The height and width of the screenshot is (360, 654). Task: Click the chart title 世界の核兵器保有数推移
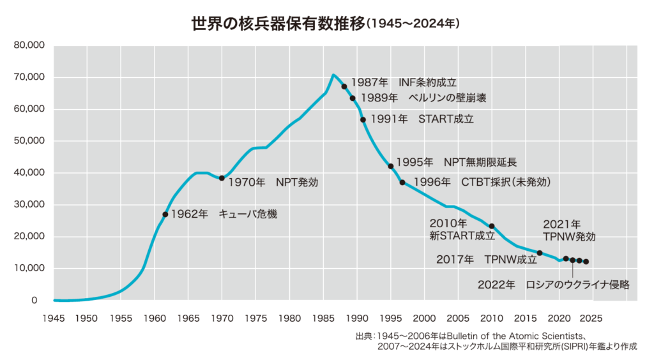pos(278,24)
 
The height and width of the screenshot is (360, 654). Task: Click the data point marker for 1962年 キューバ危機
pos(165,214)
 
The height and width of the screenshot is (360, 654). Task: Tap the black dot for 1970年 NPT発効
pos(222,178)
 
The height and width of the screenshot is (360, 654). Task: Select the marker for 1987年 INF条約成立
pos(344,86)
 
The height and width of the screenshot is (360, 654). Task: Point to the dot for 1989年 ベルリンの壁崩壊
pos(353,98)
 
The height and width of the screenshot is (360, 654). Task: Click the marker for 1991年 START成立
pos(363,119)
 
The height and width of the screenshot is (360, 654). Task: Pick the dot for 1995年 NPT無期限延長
pos(391,166)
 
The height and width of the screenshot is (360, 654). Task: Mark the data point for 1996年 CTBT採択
pos(402,183)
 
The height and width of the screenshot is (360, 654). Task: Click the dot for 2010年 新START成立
pos(492,226)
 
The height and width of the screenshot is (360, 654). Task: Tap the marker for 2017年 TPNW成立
pos(540,253)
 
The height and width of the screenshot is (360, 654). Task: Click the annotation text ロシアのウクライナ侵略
pos(578,285)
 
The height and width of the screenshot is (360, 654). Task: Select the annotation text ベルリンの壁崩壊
pos(450,98)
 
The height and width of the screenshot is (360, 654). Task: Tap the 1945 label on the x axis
pos(54,317)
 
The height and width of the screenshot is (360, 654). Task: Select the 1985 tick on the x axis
pos(323,317)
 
